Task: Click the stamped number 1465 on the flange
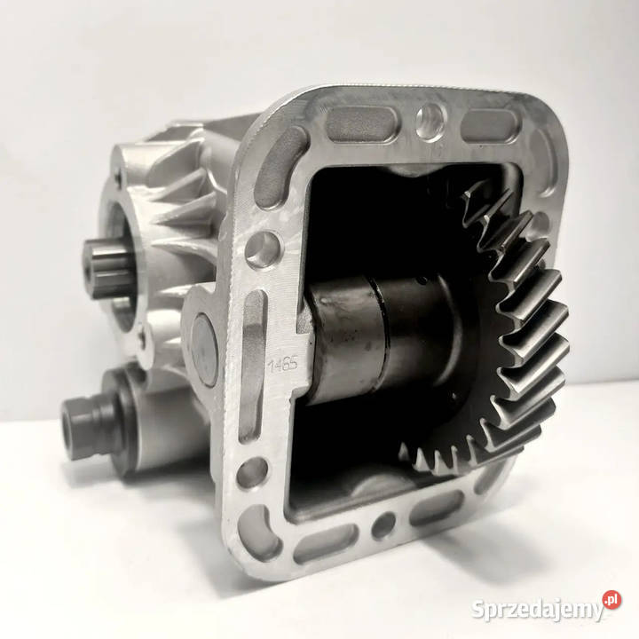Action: (x=283, y=364)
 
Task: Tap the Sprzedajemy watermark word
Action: (x=537, y=610)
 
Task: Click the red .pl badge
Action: (x=612, y=599)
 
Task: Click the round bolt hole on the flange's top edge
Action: (x=430, y=117)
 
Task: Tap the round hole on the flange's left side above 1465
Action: (x=263, y=249)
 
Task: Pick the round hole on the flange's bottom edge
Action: (x=383, y=525)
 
